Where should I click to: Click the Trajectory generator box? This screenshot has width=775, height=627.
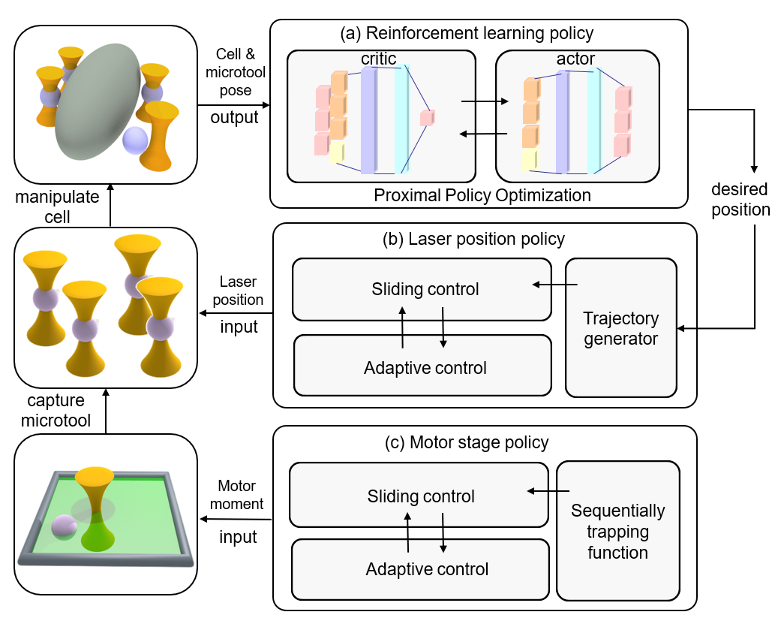[620, 327]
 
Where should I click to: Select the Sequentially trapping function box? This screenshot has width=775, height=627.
[617, 531]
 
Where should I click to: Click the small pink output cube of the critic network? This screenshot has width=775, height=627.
[428, 117]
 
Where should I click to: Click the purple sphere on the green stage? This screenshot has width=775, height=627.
[63, 529]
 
